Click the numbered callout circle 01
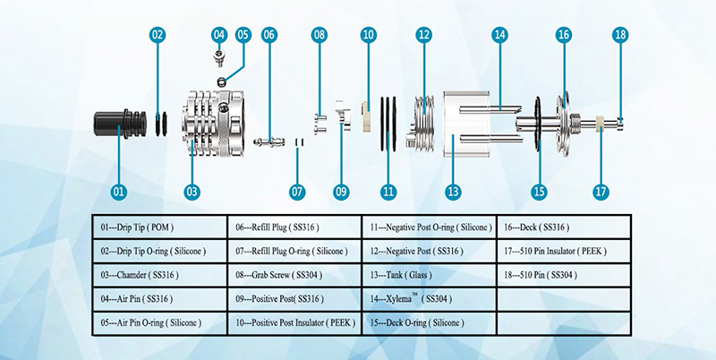click(119, 190)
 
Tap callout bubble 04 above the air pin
click(218, 35)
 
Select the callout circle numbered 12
click(423, 35)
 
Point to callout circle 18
click(620, 35)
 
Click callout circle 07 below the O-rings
click(297, 190)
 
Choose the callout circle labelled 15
click(539, 190)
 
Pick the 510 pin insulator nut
click(599, 126)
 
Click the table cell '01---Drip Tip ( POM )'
click(160, 227)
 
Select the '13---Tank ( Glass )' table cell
click(428, 275)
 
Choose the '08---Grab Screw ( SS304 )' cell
click(294, 275)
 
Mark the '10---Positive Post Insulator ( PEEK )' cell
click(294, 321)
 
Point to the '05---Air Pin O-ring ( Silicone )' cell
click(160, 321)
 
